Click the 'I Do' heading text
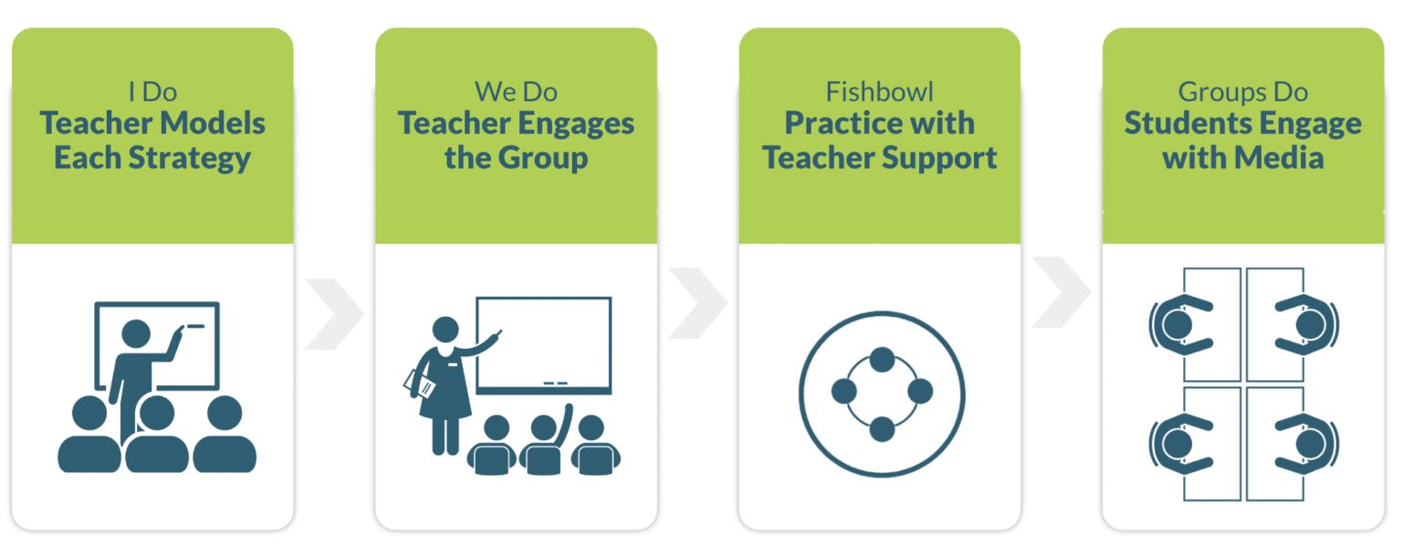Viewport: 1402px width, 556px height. click(x=152, y=91)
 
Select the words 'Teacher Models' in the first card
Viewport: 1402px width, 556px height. click(x=152, y=123)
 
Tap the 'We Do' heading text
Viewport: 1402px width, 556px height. click(x=516, y=91)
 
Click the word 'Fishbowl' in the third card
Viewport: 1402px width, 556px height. click(x=879, y=91)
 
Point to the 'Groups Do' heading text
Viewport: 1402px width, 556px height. click(x=1242, y=91)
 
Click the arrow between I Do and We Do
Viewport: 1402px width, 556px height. click(x=335, y=314)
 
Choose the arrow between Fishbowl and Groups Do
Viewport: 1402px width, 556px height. click(x=1062, y=292)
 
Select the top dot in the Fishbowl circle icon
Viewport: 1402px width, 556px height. click(x=882, y=359)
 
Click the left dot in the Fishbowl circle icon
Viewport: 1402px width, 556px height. click(x=844, y=392)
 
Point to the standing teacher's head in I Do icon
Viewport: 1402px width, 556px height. click(x=136, y=334)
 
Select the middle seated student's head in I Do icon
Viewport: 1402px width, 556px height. click(x=157, y=413)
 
